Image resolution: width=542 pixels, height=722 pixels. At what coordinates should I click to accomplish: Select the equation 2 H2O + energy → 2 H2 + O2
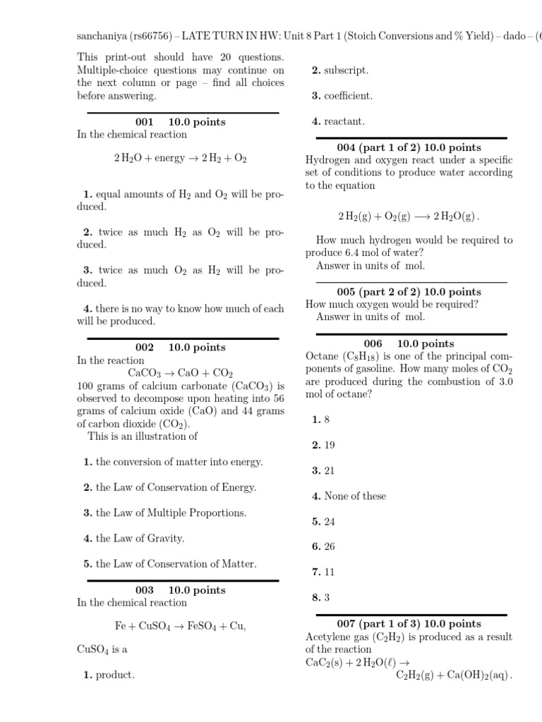180,158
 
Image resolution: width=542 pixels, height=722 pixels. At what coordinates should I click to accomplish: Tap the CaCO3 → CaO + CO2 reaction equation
180,373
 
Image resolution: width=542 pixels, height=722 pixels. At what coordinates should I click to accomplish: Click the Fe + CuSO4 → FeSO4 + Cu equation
180,626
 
